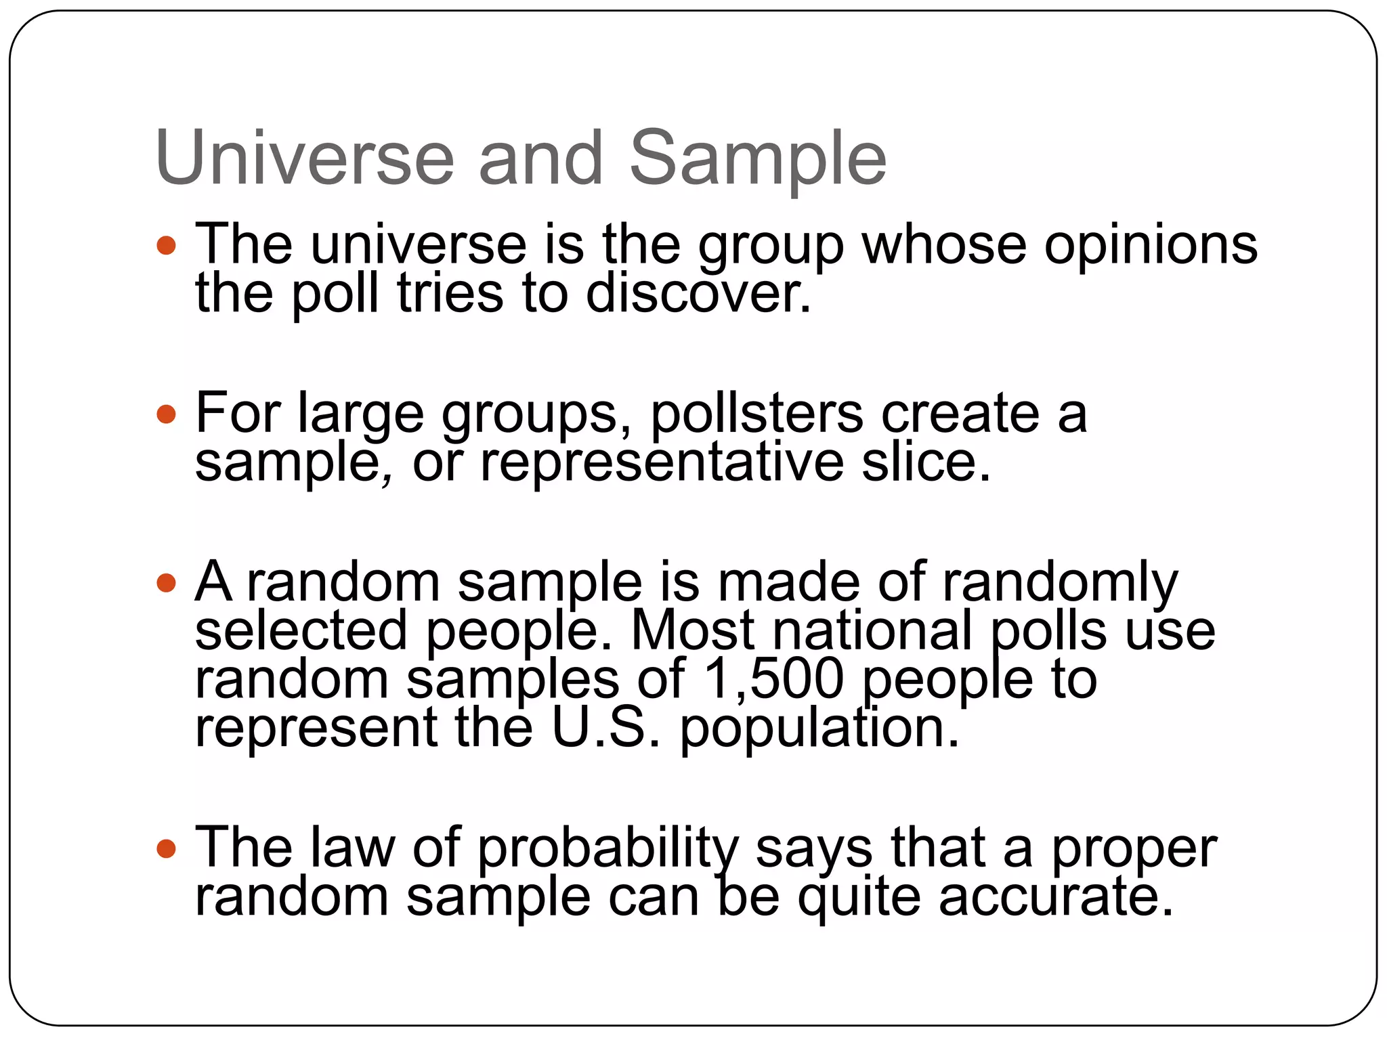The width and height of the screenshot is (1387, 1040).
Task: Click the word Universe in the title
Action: (x=305, y=158)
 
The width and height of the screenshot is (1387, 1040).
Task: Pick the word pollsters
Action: (x=756, y=414)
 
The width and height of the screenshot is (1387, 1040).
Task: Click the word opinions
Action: (x=1151, y=246)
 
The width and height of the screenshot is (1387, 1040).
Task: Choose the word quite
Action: (x=859, y=897)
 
